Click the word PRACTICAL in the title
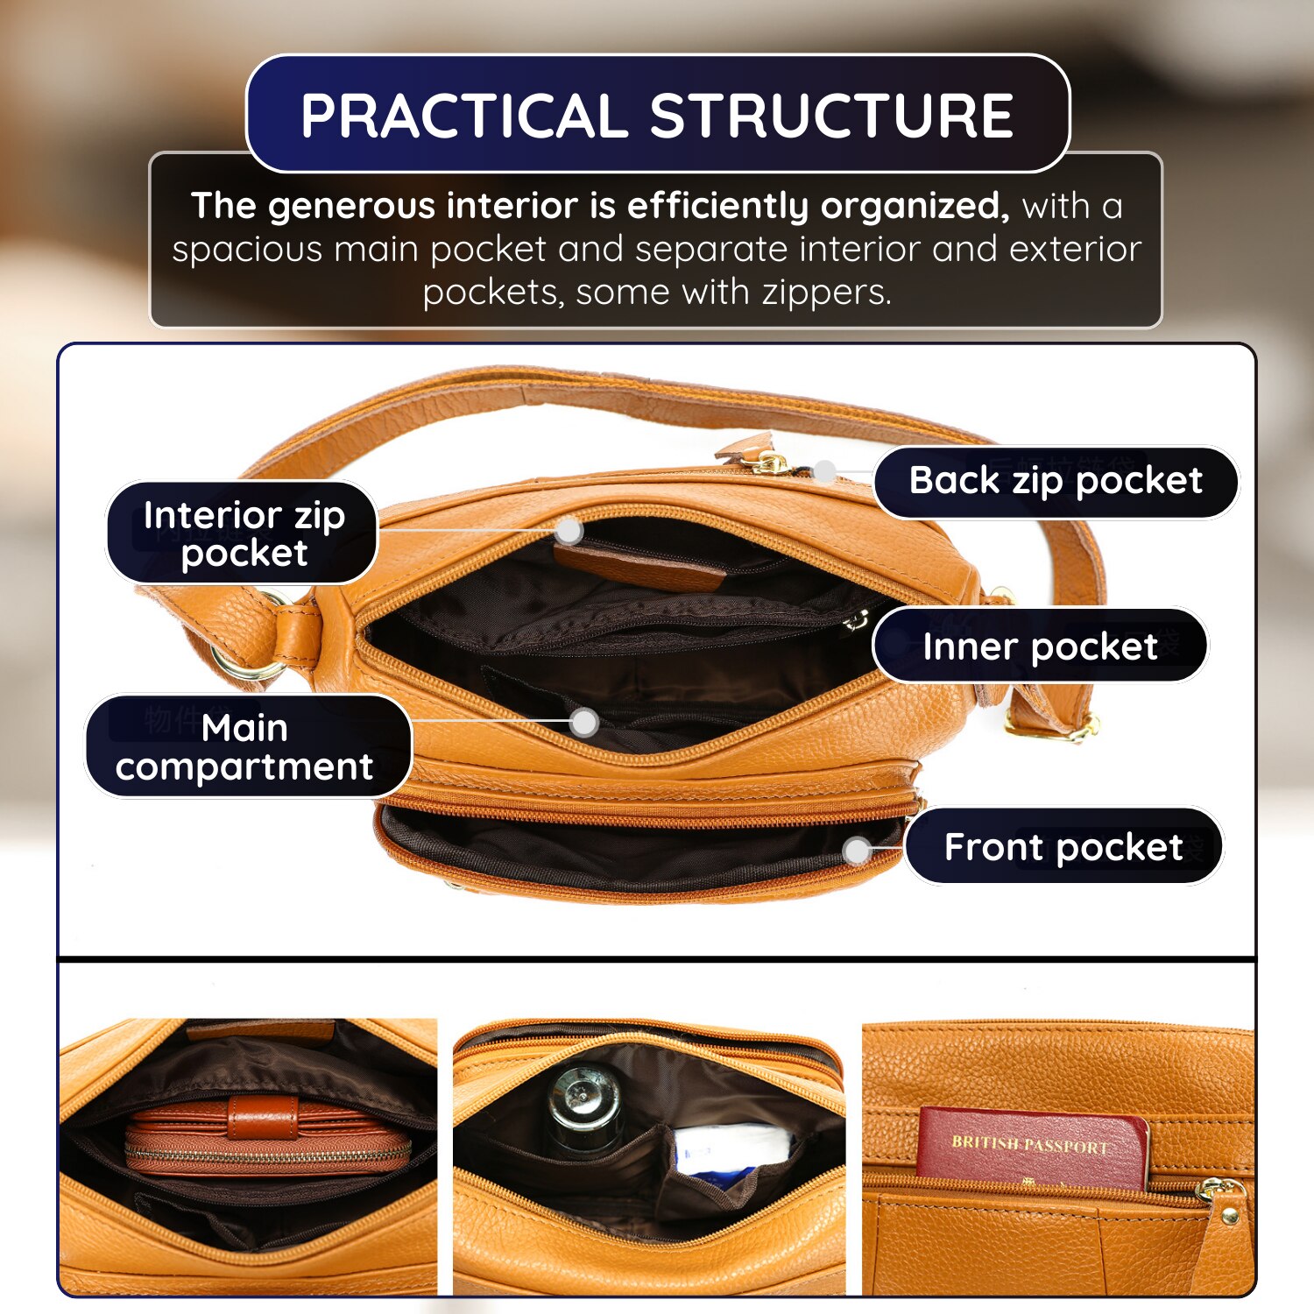[x=463, y=116]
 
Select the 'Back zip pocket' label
[x=1056, y=481]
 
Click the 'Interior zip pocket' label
[x=243, y=533]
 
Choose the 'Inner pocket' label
[x=1040, y=646]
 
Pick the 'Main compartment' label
[x=245, y=746]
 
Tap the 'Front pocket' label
[x=1063, y=846]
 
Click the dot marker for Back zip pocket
[x=824, y=471]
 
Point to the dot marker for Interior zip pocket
[x=569, y=529]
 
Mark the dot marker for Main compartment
[x=584, y=723]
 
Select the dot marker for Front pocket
[x=857, y=850]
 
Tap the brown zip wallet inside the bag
[x=267, y=1136]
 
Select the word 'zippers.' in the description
[x=826, y=293]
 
